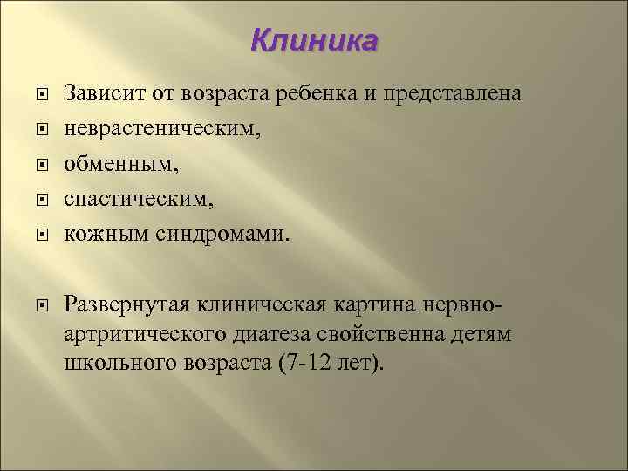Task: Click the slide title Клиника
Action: click(314, 41)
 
